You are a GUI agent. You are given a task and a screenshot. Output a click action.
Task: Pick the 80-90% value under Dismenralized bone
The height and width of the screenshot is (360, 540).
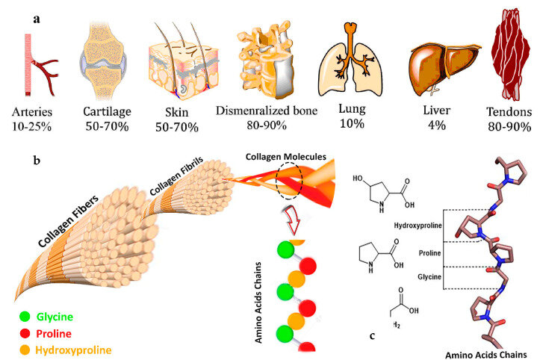point(277,125)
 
